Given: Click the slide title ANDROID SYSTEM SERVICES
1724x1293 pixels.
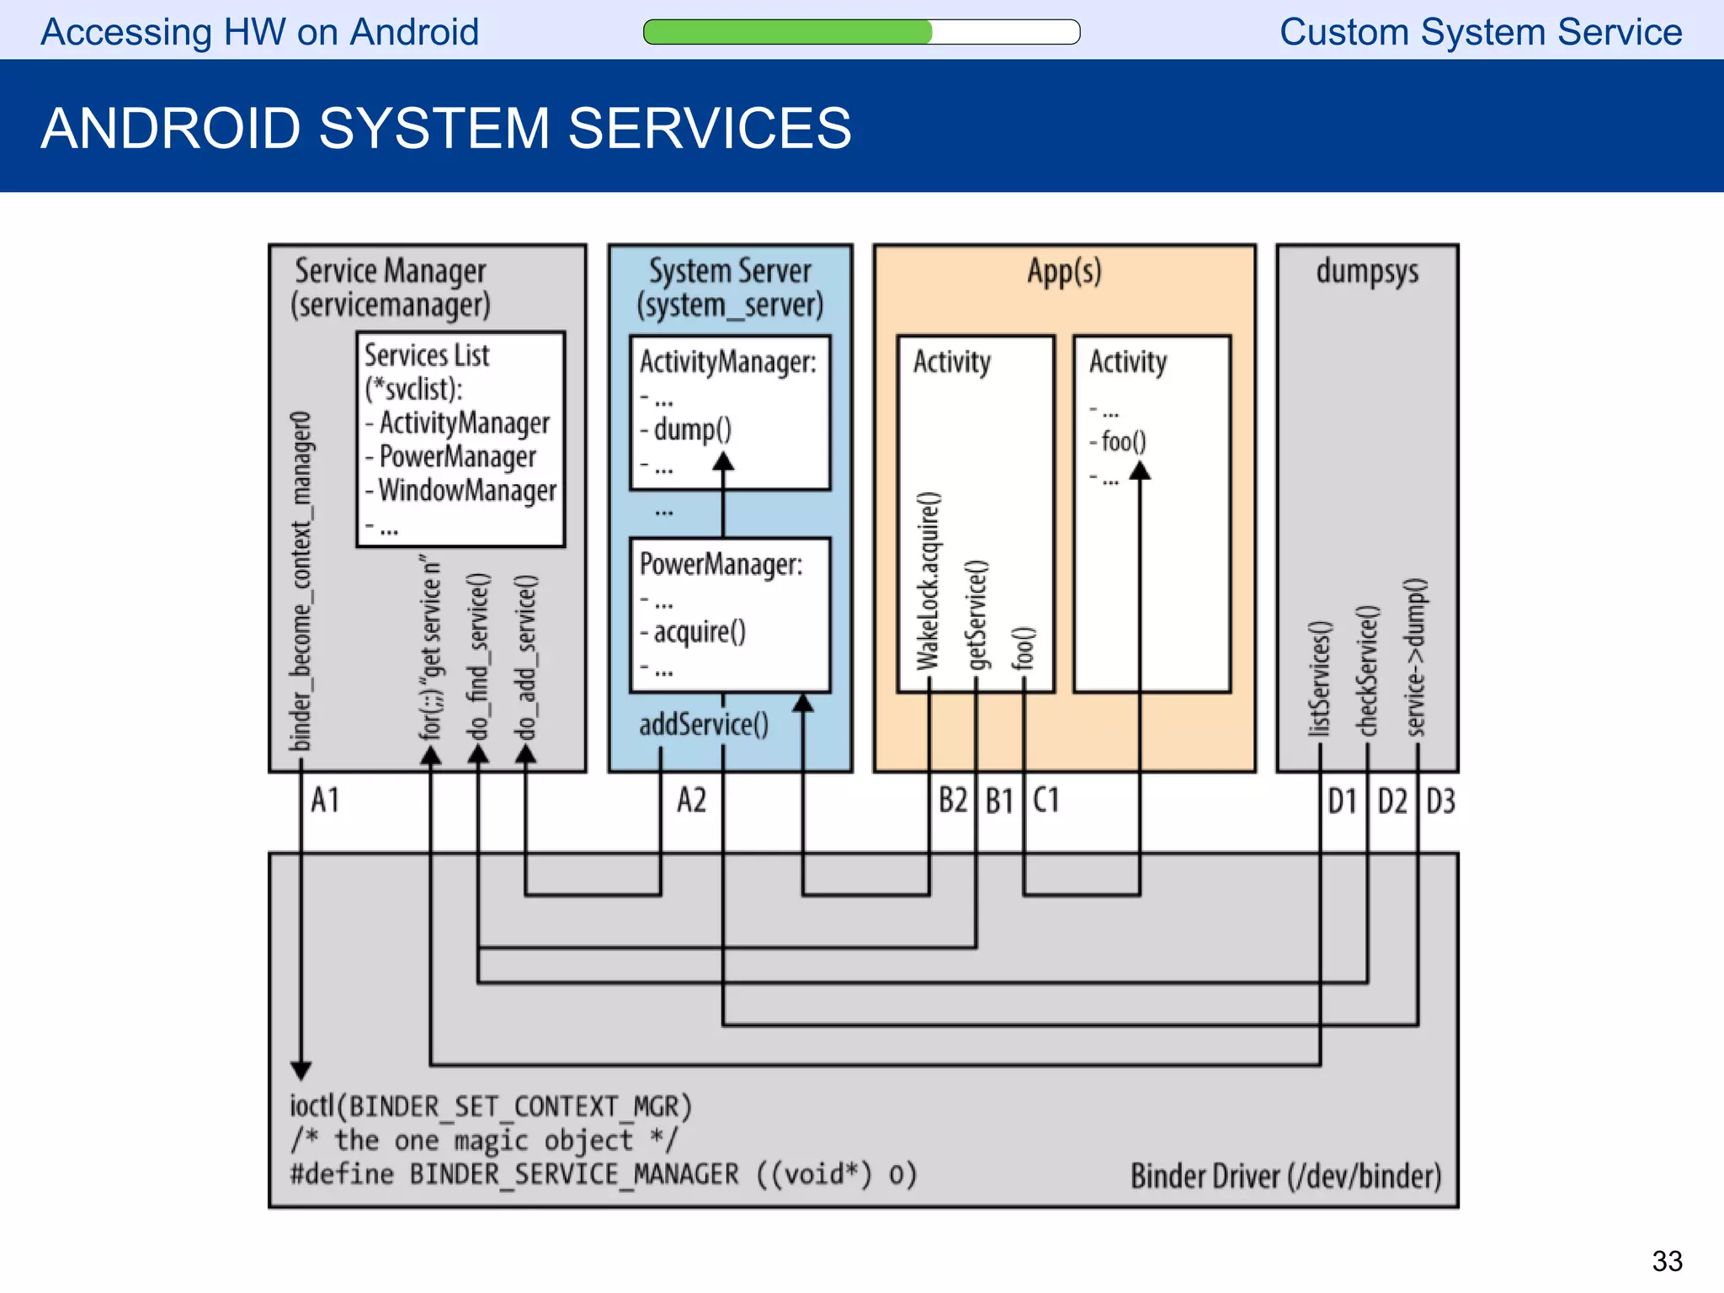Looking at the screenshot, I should [445, 128].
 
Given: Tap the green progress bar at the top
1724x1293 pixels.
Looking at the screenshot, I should [788, 32].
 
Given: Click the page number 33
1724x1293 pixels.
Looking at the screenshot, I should [1666, 1260].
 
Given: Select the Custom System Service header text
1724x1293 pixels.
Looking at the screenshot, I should [1480, 32].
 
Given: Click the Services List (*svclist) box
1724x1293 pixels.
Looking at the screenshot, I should [460, 439].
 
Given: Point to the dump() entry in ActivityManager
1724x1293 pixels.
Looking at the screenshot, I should [692, 429].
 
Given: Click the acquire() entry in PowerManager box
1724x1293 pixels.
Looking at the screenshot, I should [699, 631].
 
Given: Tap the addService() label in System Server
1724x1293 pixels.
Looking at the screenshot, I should [703, 724].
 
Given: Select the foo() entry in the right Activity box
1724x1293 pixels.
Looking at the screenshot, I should [1123, 441].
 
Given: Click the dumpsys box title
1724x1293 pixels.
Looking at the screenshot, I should [1366, 271].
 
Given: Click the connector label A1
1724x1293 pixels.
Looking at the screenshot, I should [325, 800].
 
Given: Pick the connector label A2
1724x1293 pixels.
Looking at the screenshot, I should [692, 800].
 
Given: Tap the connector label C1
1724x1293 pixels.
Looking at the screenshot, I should [1046, 800].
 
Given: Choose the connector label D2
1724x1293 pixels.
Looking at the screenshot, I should [1391, 801].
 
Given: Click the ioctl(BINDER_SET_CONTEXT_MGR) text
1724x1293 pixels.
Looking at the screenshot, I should [490, 1105].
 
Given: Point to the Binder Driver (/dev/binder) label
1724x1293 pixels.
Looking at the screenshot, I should [1285, 1175].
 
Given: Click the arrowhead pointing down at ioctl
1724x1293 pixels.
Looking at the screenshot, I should [301, 1070].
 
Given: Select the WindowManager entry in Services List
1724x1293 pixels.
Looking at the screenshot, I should [466, 490].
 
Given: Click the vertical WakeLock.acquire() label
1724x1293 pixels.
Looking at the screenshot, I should [929, 581].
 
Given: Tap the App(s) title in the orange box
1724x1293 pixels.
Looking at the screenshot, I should [1064, 271].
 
